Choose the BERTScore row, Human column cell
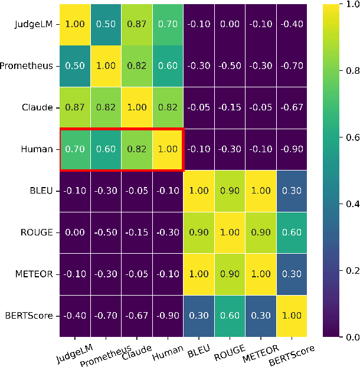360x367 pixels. click(167, 315)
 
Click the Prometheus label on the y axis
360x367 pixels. click(26, 66)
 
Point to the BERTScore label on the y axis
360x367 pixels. click(28, 315)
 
